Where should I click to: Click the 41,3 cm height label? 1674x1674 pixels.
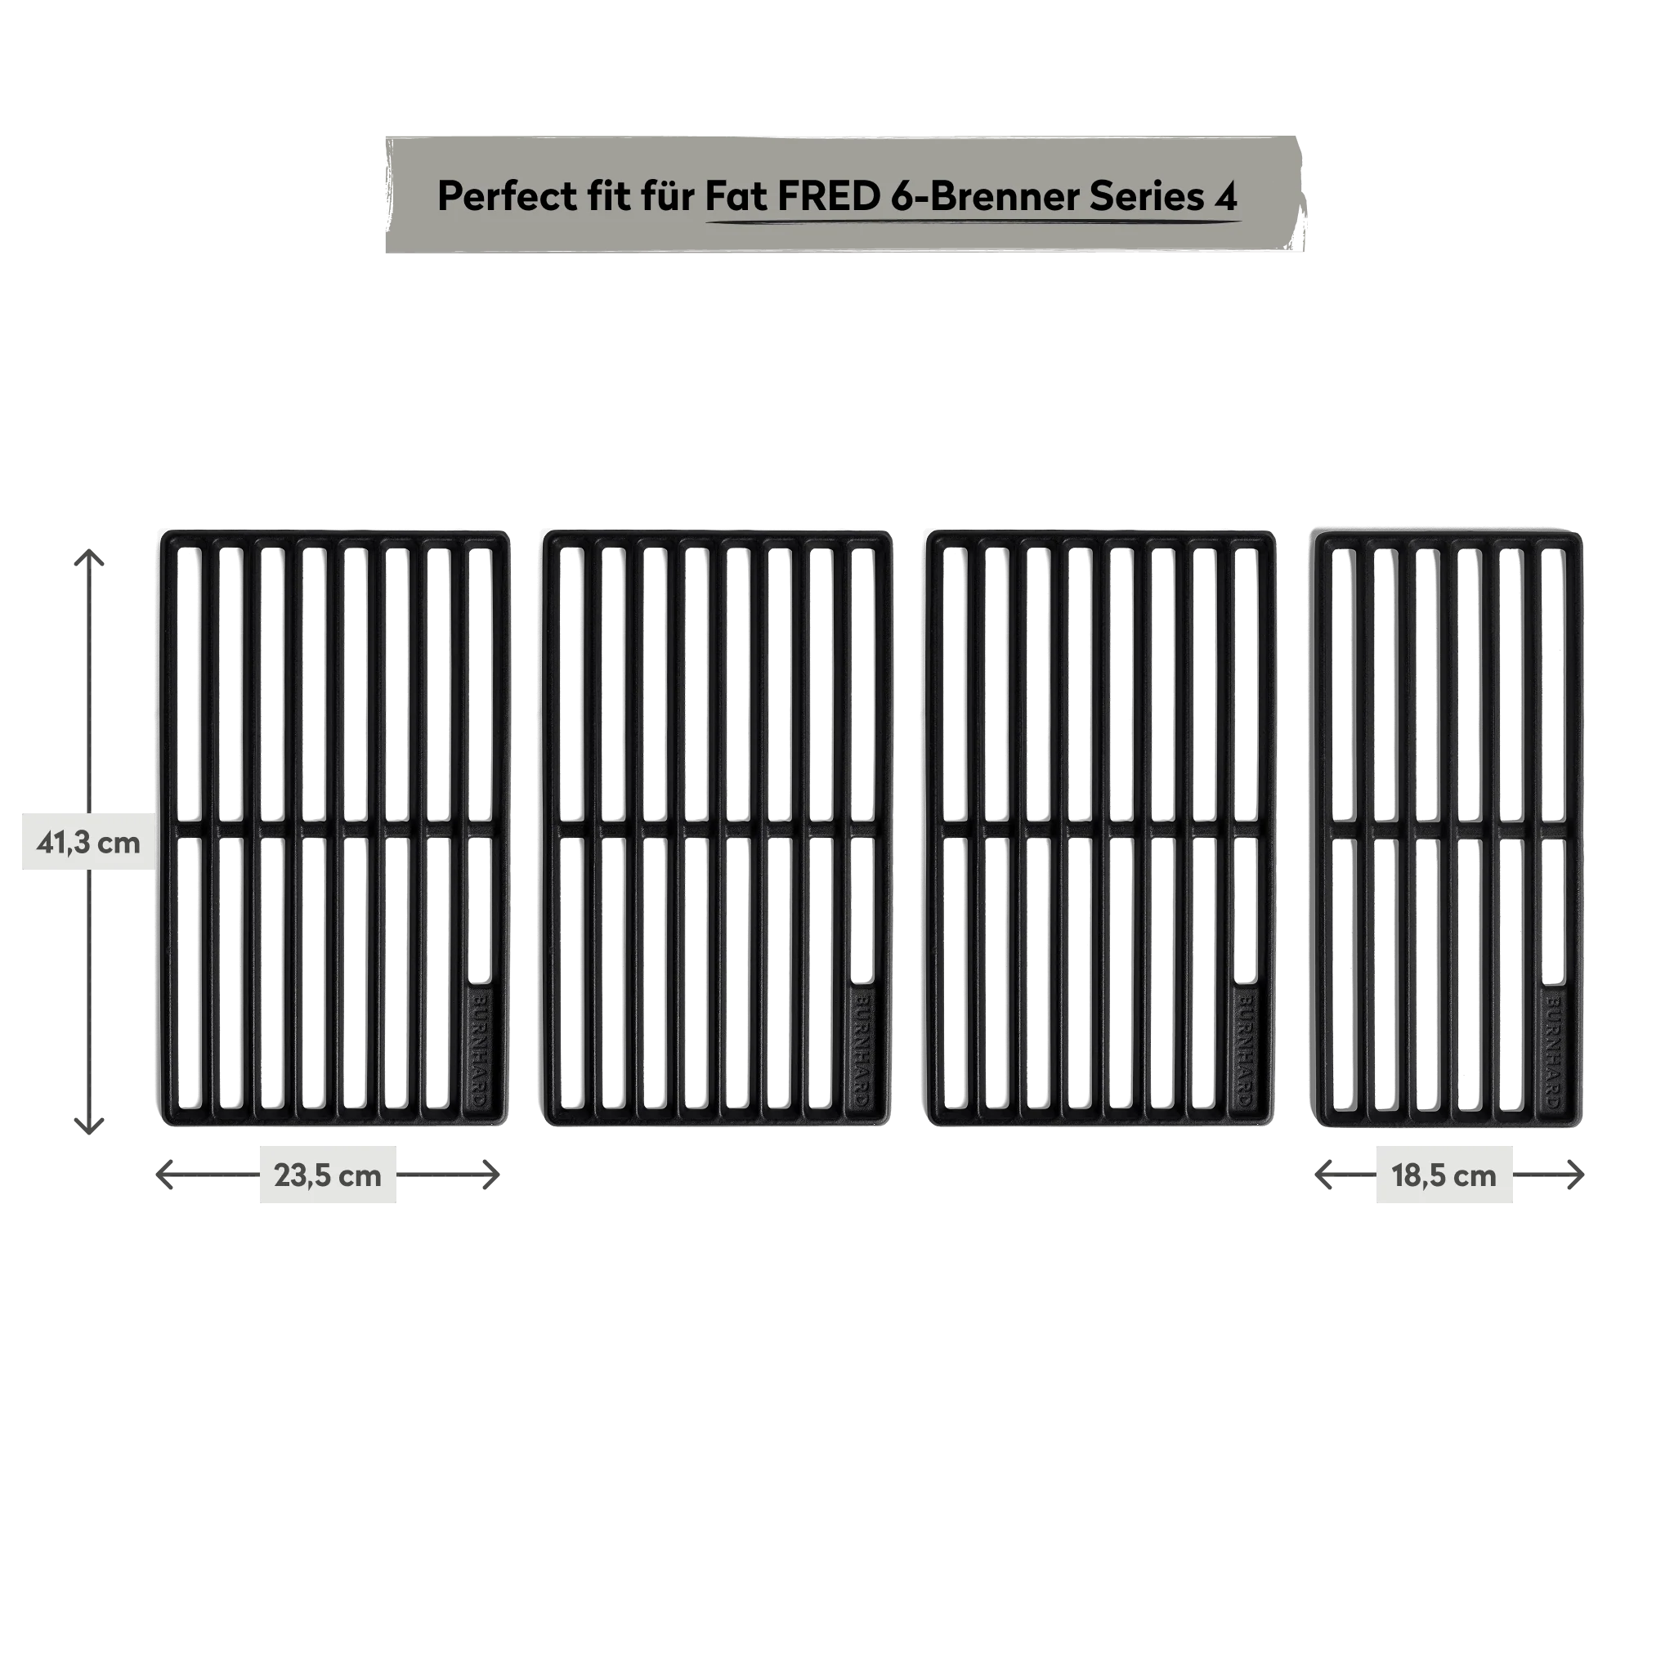point(87,841)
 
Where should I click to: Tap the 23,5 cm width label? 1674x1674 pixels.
point(327,1175)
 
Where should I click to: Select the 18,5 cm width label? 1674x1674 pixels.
point(1443,1175)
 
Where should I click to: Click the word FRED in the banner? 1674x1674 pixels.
point(828,196)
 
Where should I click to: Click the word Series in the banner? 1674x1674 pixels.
point(1146,196)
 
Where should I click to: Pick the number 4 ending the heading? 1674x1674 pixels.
point(1226,198)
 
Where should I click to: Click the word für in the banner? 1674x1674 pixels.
point(666,196)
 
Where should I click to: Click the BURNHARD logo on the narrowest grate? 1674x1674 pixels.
point(1554,1050)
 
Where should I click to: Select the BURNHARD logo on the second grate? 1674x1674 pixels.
point(862,1050)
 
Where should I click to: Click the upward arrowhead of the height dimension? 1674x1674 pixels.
point(88,557)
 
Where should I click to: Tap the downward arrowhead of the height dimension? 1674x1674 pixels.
point(88,1125)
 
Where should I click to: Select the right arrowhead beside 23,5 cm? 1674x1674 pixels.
point(491,1175)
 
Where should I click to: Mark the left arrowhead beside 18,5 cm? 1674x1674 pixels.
point(1326,1175)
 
